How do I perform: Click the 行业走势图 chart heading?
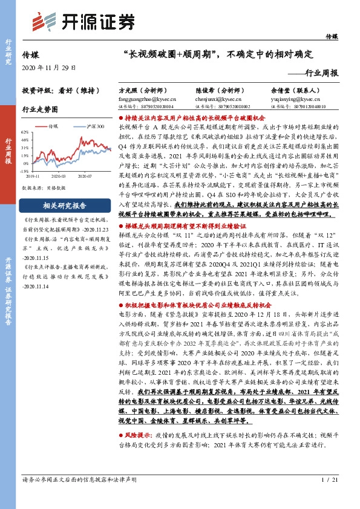click(40, 109)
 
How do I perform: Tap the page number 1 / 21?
click(327, 497)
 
